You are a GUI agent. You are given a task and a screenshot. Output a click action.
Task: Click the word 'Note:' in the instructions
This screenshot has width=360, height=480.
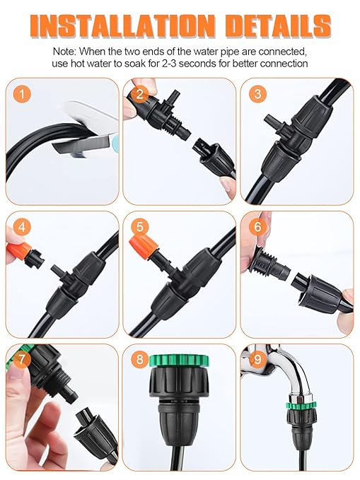click(67, 52)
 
